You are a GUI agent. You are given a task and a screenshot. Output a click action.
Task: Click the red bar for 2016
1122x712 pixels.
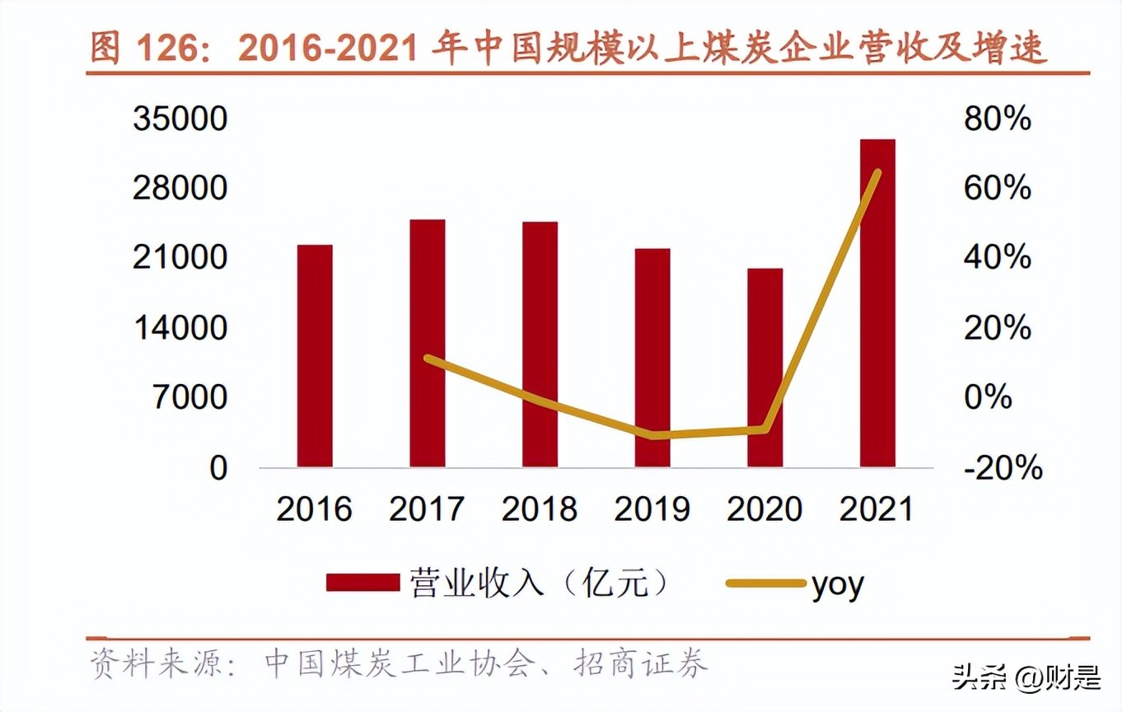click(315, 356)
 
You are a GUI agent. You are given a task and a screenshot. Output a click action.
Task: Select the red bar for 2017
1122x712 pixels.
click(427, 343)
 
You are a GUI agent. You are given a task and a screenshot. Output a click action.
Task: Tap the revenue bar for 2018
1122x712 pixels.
click(540, 344)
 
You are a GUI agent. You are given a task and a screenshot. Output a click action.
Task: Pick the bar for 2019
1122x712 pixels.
click(652, 358)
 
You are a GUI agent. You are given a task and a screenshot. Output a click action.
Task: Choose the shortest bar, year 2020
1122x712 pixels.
click(764, 368)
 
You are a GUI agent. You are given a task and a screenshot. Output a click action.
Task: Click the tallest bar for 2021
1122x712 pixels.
click(877, 303)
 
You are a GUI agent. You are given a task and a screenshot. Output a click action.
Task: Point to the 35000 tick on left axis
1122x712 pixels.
click(180, 119)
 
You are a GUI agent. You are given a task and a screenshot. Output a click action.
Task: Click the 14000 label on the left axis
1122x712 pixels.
click(180, 328)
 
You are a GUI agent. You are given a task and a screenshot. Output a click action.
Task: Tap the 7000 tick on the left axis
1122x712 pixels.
click(189, 398)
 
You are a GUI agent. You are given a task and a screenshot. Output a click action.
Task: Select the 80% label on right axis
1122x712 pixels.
click(997, 119)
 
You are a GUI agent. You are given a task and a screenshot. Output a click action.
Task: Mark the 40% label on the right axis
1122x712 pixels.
click(997, 259)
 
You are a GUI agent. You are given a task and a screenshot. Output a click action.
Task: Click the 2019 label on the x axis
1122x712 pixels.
click(652, 508)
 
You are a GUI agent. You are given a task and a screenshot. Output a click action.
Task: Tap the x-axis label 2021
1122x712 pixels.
click(877, 508)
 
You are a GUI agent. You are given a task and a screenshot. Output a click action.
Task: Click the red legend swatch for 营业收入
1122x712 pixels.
click(362, 583)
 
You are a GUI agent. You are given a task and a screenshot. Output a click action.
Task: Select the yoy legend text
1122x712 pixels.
click(838, 585)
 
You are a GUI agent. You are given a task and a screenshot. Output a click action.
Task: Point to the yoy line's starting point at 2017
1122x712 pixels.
click(427, 358)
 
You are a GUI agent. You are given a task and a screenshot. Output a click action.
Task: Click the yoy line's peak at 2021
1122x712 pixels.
click(877, 172)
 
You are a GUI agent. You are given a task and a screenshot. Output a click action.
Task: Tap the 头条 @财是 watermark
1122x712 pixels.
click(1026, 679)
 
